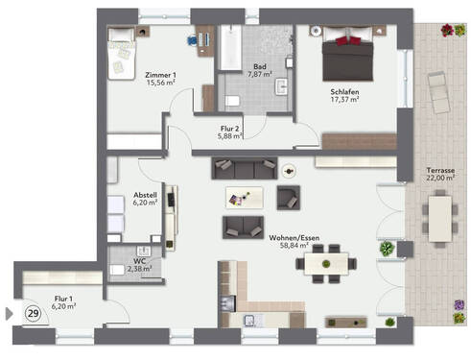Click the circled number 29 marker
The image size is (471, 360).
point(33,314)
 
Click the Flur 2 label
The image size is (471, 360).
point(228,132)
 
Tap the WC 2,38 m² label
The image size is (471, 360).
point(138,264)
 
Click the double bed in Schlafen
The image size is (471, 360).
point(347,56)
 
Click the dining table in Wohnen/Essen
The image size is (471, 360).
point(328,263)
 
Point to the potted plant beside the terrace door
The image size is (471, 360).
point(387,249)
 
